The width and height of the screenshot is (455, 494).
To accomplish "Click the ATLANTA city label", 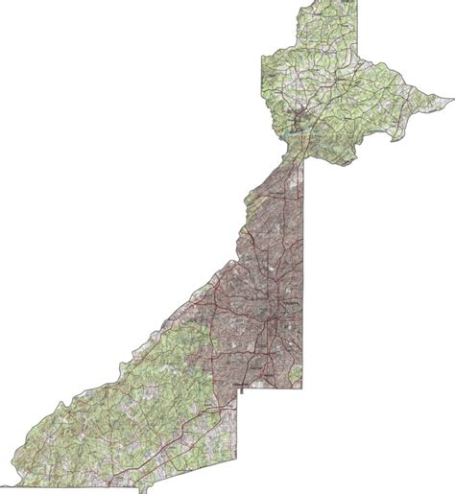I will click(290, 304).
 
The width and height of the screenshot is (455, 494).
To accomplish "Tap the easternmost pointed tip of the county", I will click(451, 97).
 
